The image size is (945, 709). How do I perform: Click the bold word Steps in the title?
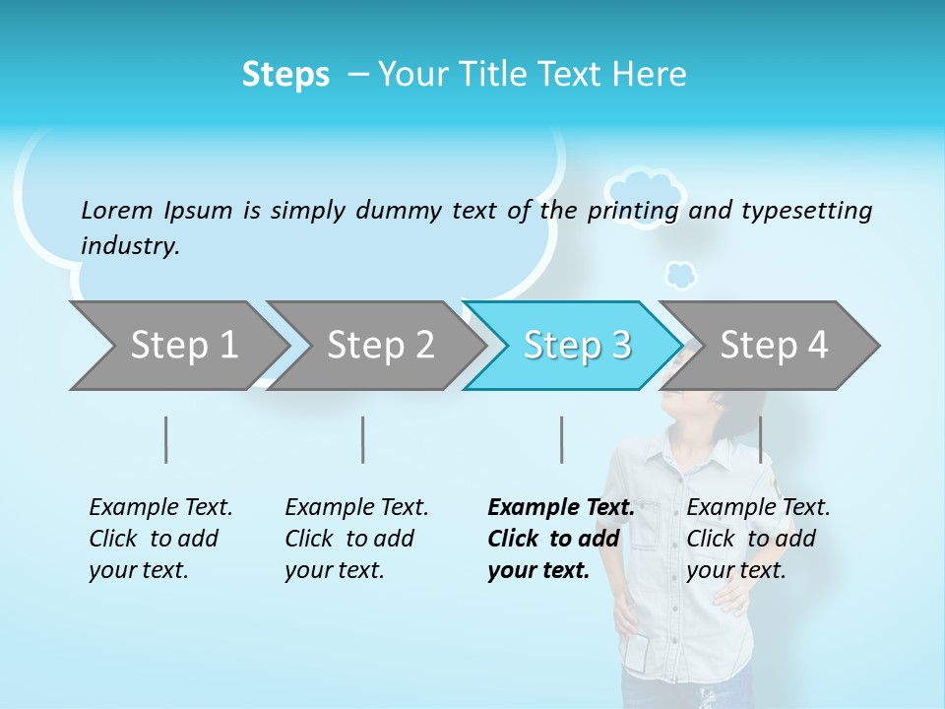point(285,75)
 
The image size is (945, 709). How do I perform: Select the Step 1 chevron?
point(183,346)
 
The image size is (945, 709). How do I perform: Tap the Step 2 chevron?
point(380,346)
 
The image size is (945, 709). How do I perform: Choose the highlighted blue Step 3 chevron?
point(577,346)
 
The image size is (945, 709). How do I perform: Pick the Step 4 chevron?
point(774,346)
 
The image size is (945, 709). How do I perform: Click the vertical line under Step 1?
point(166,439)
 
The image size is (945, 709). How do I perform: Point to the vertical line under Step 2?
point(363,439)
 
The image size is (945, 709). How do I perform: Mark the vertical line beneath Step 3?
point(562,439)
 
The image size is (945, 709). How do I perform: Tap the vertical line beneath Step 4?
point(760,439)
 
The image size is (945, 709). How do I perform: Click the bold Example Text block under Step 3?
point(560,539)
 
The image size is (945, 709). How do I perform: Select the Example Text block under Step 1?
point(160,539)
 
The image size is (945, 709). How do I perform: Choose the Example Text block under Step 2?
point(356,539)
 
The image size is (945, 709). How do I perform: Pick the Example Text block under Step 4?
point(758,539)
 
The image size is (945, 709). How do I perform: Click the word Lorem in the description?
point(117,210)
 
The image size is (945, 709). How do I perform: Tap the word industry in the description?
point(129,245)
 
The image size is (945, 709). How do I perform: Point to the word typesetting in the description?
point(806,210)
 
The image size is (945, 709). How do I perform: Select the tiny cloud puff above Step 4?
point(680,275)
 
